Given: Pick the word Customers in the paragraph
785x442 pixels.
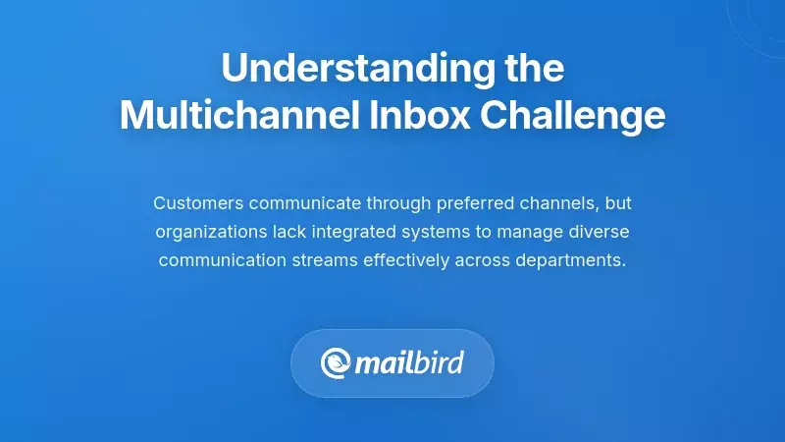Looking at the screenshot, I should coord(198,203).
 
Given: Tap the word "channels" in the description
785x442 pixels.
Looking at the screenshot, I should coord(557,203).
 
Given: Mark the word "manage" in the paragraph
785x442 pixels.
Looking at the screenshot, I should coord(527,232).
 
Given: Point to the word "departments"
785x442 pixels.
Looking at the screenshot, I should coord(571,260).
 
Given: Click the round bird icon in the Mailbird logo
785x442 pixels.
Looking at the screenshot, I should coord(336,363).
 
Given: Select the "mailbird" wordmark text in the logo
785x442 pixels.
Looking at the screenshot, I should coord(409,363).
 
